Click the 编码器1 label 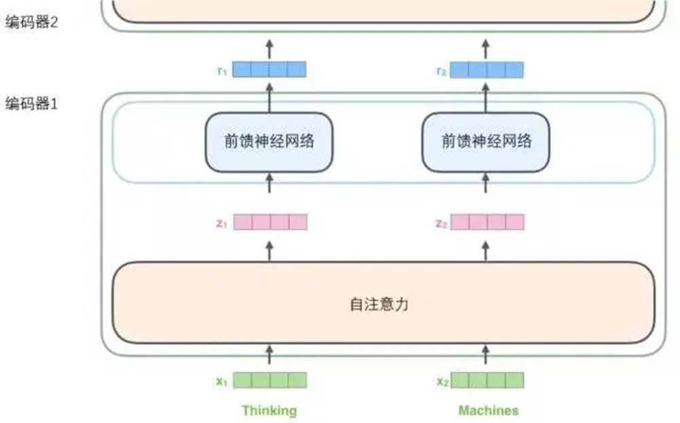tap(31, 105)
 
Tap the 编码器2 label tap(31, 22)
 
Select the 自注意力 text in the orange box tap(379, 304)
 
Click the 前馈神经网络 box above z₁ tap(269, 141)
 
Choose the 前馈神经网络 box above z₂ tap(486, 141)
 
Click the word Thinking tap(269, 410)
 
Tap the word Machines tap(488, 410)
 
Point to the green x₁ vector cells tap(270, 380)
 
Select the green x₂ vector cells tap(487, 380)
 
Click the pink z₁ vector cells tap(270, 222)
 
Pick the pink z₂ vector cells tap(487, 222)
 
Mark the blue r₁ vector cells tap(270, 69)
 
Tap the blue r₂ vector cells tap(487, 69)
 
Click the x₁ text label tap(221, 382)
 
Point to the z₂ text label tap(441, 223)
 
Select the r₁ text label tap(221, 70)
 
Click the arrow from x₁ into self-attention tap(269, 354)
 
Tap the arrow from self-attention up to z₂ tap(485, 249)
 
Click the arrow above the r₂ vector tap(485, 48)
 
